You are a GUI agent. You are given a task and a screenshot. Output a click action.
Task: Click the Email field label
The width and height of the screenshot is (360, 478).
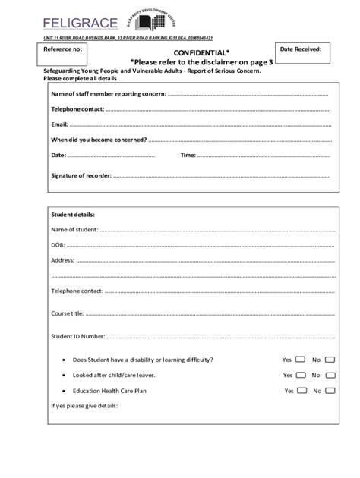click(x=59, y=124)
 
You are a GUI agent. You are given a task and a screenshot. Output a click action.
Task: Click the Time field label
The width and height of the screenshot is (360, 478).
click(x=188, y=155)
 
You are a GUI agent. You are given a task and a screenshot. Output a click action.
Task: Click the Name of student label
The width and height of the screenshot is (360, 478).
click(x=74, y=229)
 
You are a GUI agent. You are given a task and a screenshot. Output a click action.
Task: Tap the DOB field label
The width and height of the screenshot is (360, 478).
click(x=58, y=244)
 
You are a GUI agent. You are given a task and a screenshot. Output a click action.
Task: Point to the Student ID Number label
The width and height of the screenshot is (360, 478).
click(x=77, y=335)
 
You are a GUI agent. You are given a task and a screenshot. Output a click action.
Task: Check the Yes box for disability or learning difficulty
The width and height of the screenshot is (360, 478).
click(x=300, y=359)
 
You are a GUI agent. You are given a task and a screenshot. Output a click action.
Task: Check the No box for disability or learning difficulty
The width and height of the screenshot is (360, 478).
click(x=330, y=359)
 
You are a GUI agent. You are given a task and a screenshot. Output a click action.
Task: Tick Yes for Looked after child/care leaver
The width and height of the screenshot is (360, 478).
click(x=301, y=375)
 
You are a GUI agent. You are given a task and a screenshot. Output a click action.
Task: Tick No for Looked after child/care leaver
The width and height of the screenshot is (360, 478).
click(x=330, y=375)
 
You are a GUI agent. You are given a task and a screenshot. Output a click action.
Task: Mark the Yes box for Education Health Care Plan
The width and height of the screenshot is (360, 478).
click(x=302, y=391)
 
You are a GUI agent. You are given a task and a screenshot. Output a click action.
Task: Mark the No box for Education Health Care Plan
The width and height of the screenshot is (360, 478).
click(x=330, y=391)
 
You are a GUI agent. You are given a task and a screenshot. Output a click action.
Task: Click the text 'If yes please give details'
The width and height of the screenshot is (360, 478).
click(x=84, y=406)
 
